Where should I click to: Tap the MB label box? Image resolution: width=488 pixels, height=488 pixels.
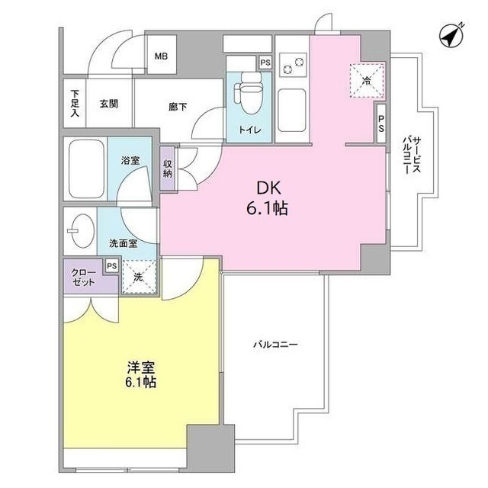(161, 56)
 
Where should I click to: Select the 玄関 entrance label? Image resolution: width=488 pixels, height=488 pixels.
(107, 104)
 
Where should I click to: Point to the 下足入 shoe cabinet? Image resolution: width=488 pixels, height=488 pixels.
(75, 104)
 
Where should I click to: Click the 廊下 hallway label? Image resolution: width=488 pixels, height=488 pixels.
(178, 107)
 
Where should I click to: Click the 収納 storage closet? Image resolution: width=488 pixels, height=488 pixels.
(168, 168)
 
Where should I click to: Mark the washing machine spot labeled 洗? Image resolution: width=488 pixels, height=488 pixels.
(138, 277)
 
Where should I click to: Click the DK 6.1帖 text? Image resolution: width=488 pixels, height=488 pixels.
(265, 197)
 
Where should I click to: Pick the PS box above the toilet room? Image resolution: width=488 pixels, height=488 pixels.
(265, 63)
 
